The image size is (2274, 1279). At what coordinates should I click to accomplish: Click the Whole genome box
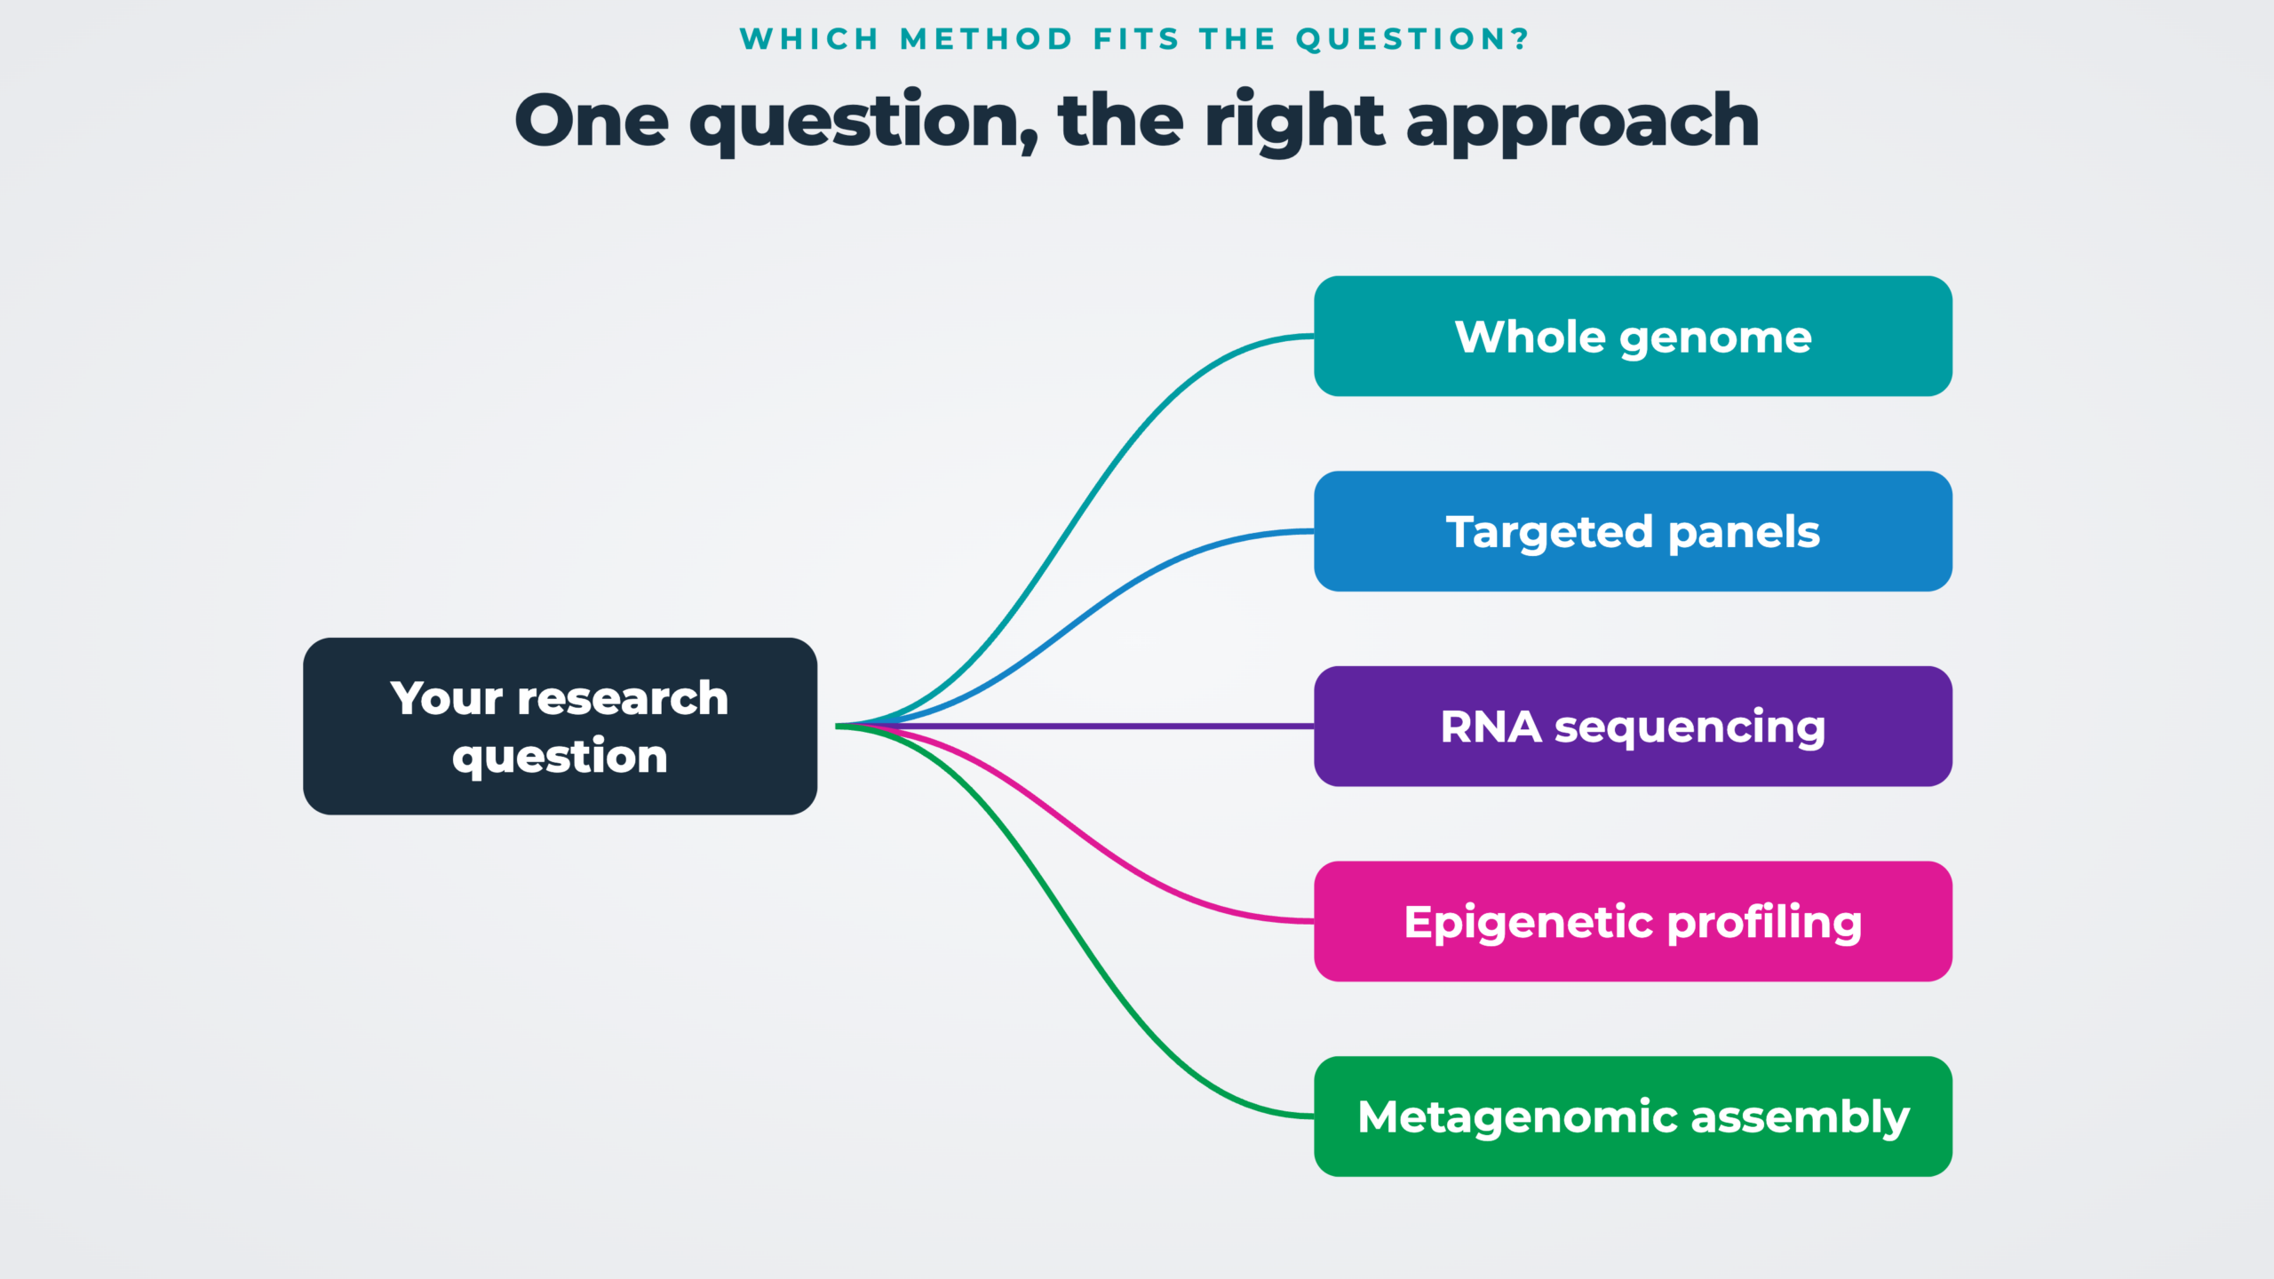point(1633,336)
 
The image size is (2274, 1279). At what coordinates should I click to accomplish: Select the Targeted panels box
point(1633,531)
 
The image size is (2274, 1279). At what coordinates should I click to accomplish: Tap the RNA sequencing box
point(1633,727)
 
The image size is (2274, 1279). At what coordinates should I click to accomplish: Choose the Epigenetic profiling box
point(1633,921)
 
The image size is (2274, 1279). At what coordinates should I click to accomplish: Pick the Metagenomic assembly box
point(1633,1116)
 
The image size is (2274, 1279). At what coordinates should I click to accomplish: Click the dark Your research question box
point(560,727)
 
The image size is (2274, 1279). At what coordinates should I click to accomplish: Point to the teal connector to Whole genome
point(1075,531)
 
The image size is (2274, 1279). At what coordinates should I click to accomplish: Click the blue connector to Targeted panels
point(1075,629)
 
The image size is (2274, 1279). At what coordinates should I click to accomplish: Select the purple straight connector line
point(1075,727)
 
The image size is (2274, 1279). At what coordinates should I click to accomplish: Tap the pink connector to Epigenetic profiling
point(1075,824)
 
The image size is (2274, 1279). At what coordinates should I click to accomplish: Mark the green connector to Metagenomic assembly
point(1075,921)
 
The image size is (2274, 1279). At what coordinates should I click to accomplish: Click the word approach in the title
point(1582,123)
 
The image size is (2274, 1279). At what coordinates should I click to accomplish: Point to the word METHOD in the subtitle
point(986,39)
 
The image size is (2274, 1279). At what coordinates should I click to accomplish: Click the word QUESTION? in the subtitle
point(1412,39)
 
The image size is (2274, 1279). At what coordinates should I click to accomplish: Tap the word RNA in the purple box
point(1491,727)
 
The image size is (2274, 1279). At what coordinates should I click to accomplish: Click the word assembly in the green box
point(1801,1118)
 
